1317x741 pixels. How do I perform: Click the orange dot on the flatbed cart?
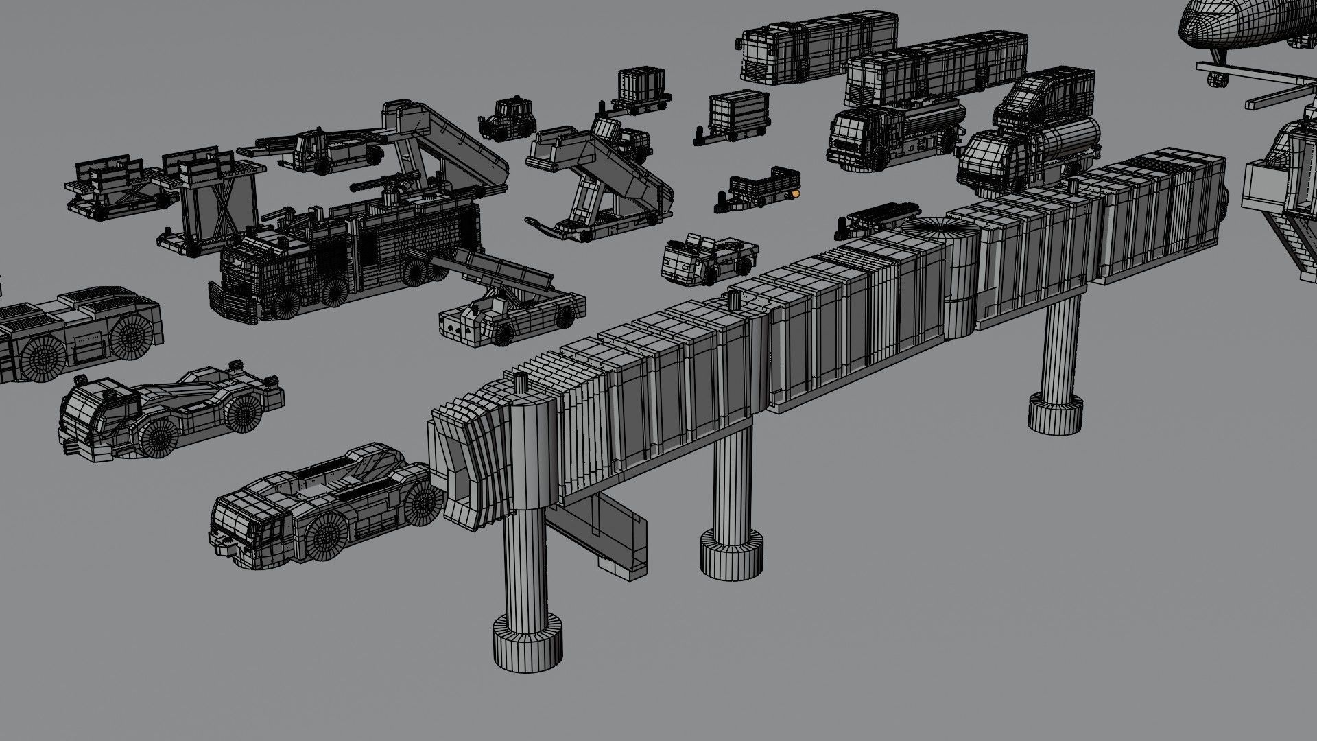[x=795, y=194]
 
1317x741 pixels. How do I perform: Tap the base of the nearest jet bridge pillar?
[x=527, y=644]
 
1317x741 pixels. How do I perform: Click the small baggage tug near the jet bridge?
[x=707, y=257]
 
